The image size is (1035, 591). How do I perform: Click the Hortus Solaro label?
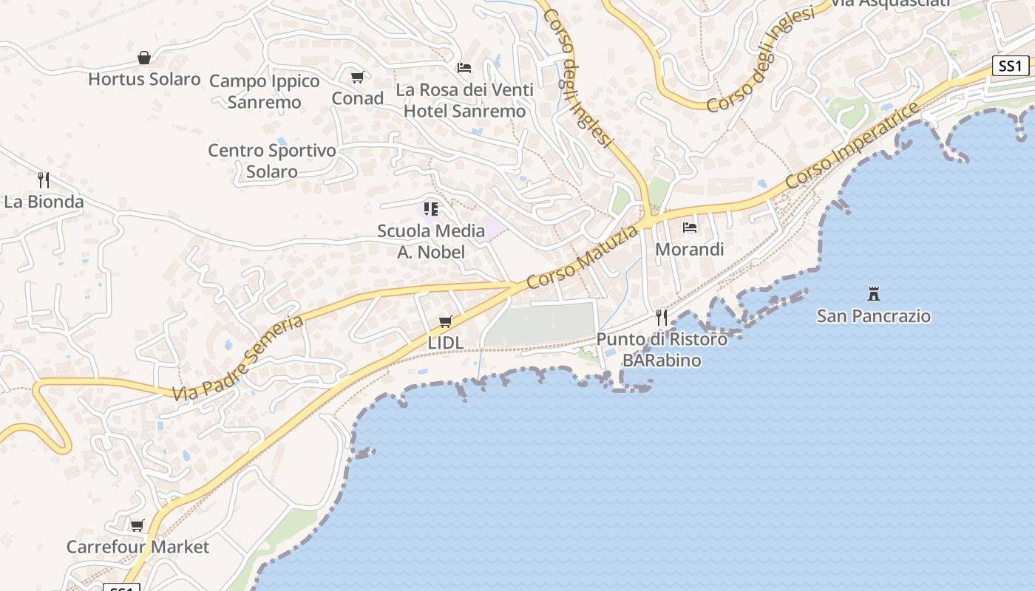(144, 79)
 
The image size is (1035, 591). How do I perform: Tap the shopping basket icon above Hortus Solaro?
(144, 58)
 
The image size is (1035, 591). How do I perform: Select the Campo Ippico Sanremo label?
(264, 92)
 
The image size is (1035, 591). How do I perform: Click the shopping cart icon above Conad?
(358, 77)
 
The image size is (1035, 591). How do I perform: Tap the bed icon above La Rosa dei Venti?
(464, 68)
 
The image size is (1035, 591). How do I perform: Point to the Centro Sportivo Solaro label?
(272, 161)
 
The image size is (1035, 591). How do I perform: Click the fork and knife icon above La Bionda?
(44, 180)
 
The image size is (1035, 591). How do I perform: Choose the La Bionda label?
(44, 202)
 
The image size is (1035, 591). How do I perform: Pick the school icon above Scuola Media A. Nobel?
(431, 209)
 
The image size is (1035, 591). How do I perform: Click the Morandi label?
(690, 250)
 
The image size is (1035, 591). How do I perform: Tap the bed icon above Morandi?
(690, 228)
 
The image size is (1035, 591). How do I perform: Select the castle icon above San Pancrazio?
(874, 294)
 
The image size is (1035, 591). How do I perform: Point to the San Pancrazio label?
(874, 316)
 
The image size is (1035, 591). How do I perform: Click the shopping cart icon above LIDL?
(445, 321)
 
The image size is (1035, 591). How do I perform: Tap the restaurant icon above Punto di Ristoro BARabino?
(662, 318)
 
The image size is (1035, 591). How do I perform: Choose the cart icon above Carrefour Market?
(137, 526)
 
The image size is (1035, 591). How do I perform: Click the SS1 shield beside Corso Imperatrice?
(1010, 66)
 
